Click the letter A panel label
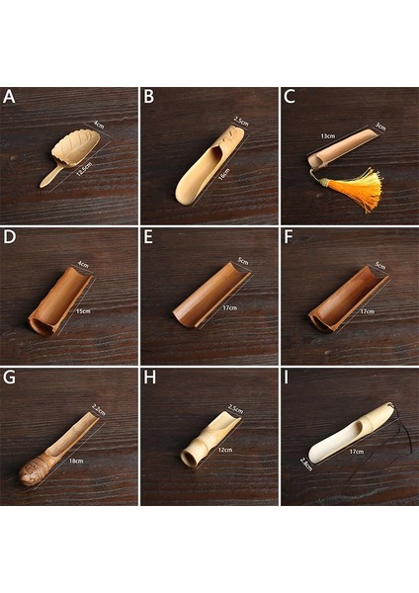(x=9, y=97)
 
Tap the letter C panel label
(x=289, y=97)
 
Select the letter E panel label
(x=148, y=238)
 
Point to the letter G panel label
(x=9, y=379)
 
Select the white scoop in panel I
(x=351, y=435)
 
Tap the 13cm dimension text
(x=326, y=136)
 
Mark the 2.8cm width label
(x=306, y=463)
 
